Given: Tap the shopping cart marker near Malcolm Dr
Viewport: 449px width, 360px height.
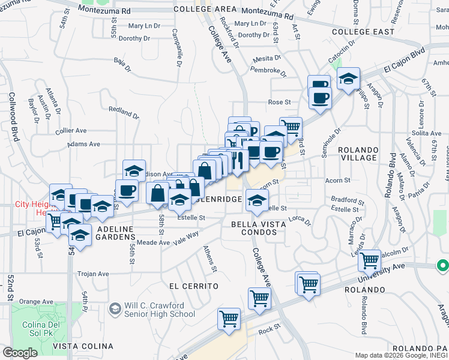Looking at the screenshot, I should tap(369, 260).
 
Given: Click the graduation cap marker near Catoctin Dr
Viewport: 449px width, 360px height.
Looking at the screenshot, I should tap(348, 79).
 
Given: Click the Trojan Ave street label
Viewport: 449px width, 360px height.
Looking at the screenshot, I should tap(93, 274).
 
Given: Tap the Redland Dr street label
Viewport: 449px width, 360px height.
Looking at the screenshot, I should tap(124, 112).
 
